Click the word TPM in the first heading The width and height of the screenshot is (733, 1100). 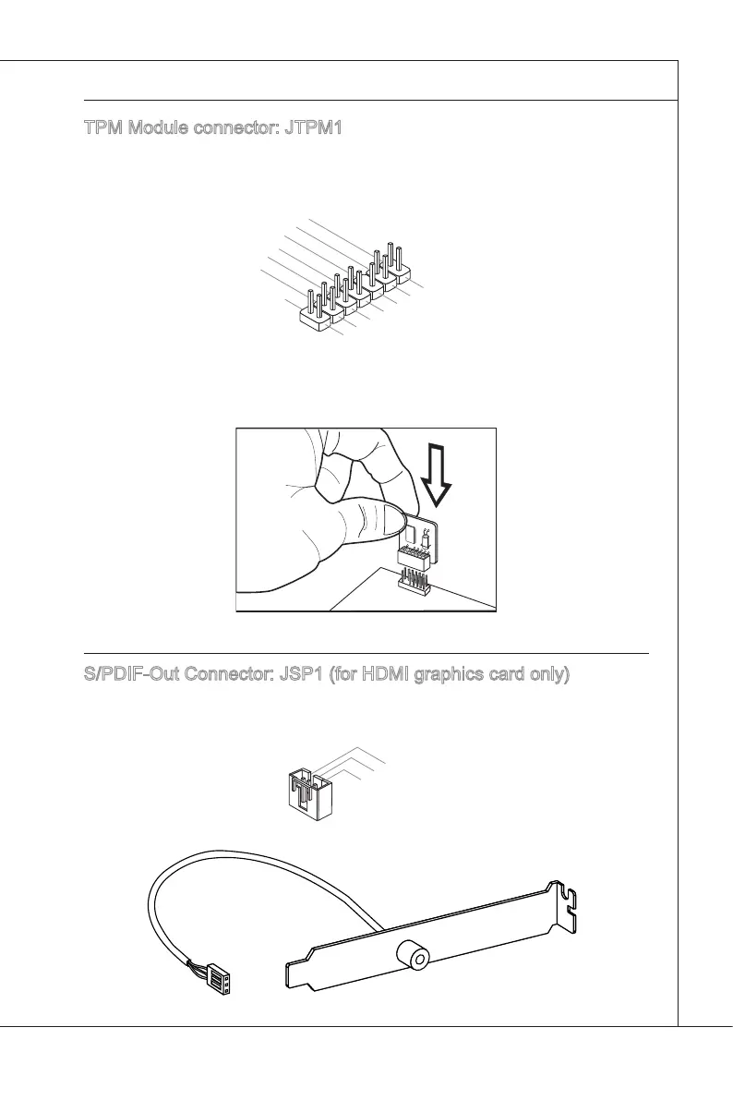coord(102,128)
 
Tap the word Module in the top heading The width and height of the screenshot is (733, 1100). coord(158,128)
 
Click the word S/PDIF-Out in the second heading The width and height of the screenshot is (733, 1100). coord(127,676)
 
